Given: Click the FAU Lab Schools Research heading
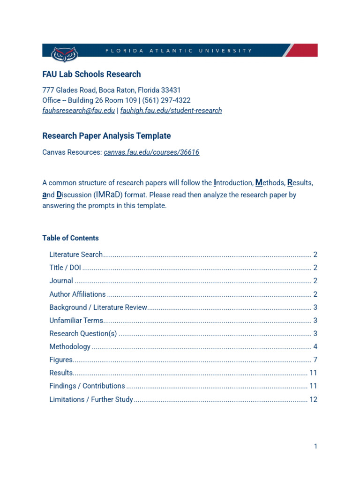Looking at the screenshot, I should tap(91, 74).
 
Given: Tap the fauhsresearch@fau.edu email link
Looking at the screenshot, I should tap(78, 111).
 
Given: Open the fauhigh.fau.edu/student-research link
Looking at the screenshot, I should tap(171, 111).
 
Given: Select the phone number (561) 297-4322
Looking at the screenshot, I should tap(168, 100).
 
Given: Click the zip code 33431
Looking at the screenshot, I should tap(171, 90).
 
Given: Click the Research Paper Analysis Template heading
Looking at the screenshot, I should tap(106, 136).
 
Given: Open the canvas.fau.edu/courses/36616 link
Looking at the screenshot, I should tap(151, 152).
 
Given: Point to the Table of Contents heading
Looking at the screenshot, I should tap(70, 238).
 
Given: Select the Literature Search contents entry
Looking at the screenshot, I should tap(76, 255).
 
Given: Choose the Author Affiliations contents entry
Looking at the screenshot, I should tap(77, 294).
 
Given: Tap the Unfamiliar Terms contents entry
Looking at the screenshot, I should tap(76, 321).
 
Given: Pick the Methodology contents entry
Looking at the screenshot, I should tap(70, 347).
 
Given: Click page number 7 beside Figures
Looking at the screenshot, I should tap(315, 360).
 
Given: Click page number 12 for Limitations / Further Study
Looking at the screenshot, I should tap(314, 400).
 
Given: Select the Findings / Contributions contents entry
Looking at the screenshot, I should tap(87, 386).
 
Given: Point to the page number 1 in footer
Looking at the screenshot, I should tap(315, 446).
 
